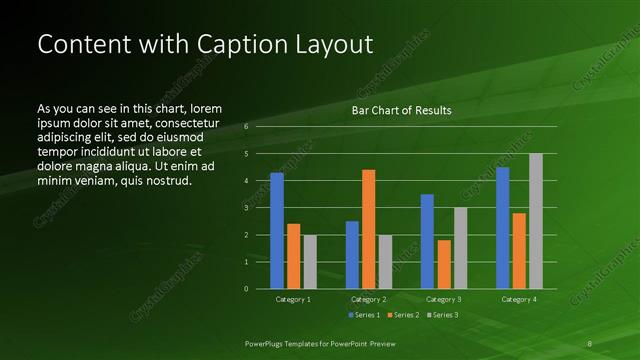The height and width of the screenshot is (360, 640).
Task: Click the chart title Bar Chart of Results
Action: (401, 111)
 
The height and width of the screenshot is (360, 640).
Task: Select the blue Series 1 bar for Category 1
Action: (277, 231)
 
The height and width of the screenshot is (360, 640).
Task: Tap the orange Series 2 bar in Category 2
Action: (368, 229)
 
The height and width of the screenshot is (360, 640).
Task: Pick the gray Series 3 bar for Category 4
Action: (535, 221)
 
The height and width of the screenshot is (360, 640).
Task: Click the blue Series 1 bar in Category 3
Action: (427, 241)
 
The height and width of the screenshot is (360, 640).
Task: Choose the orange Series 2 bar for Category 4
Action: (519, 251)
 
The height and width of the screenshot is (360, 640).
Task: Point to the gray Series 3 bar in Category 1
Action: (309, 262)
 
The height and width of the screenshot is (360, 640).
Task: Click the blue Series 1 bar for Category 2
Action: (352, 255)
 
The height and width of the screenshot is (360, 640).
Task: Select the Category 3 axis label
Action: (443, 299)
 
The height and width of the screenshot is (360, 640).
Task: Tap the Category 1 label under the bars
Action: (293, 299)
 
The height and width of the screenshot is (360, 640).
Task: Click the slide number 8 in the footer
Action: (590, 343)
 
